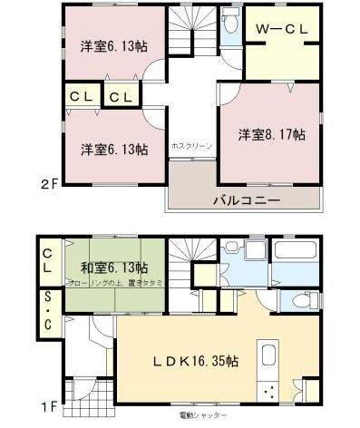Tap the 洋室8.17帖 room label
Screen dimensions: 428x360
point(271,134)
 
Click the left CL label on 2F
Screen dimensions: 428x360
point(75,95)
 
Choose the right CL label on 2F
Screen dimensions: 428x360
point(119,95)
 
